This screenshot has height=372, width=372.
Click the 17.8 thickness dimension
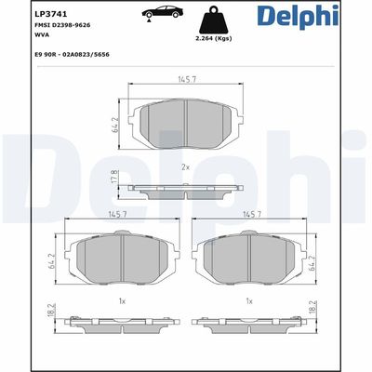click(x=114, y=177)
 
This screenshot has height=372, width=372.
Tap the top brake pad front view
click(x=187, y=122)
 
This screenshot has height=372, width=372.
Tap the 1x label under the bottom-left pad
click(x=121, y=302)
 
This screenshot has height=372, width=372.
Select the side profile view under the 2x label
click(x=187, y=190)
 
